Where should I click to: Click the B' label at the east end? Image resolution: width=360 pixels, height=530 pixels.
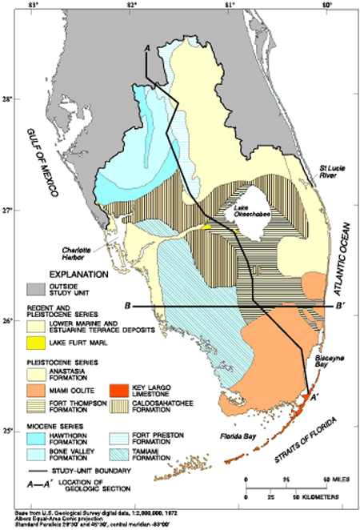coord(340,306)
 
